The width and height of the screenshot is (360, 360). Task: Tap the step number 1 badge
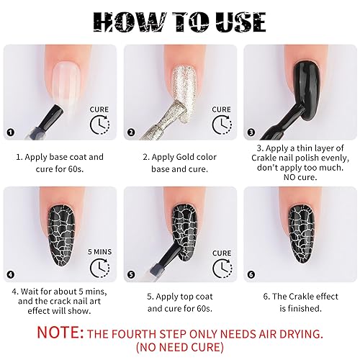10,132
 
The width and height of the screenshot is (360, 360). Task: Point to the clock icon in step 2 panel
221,125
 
